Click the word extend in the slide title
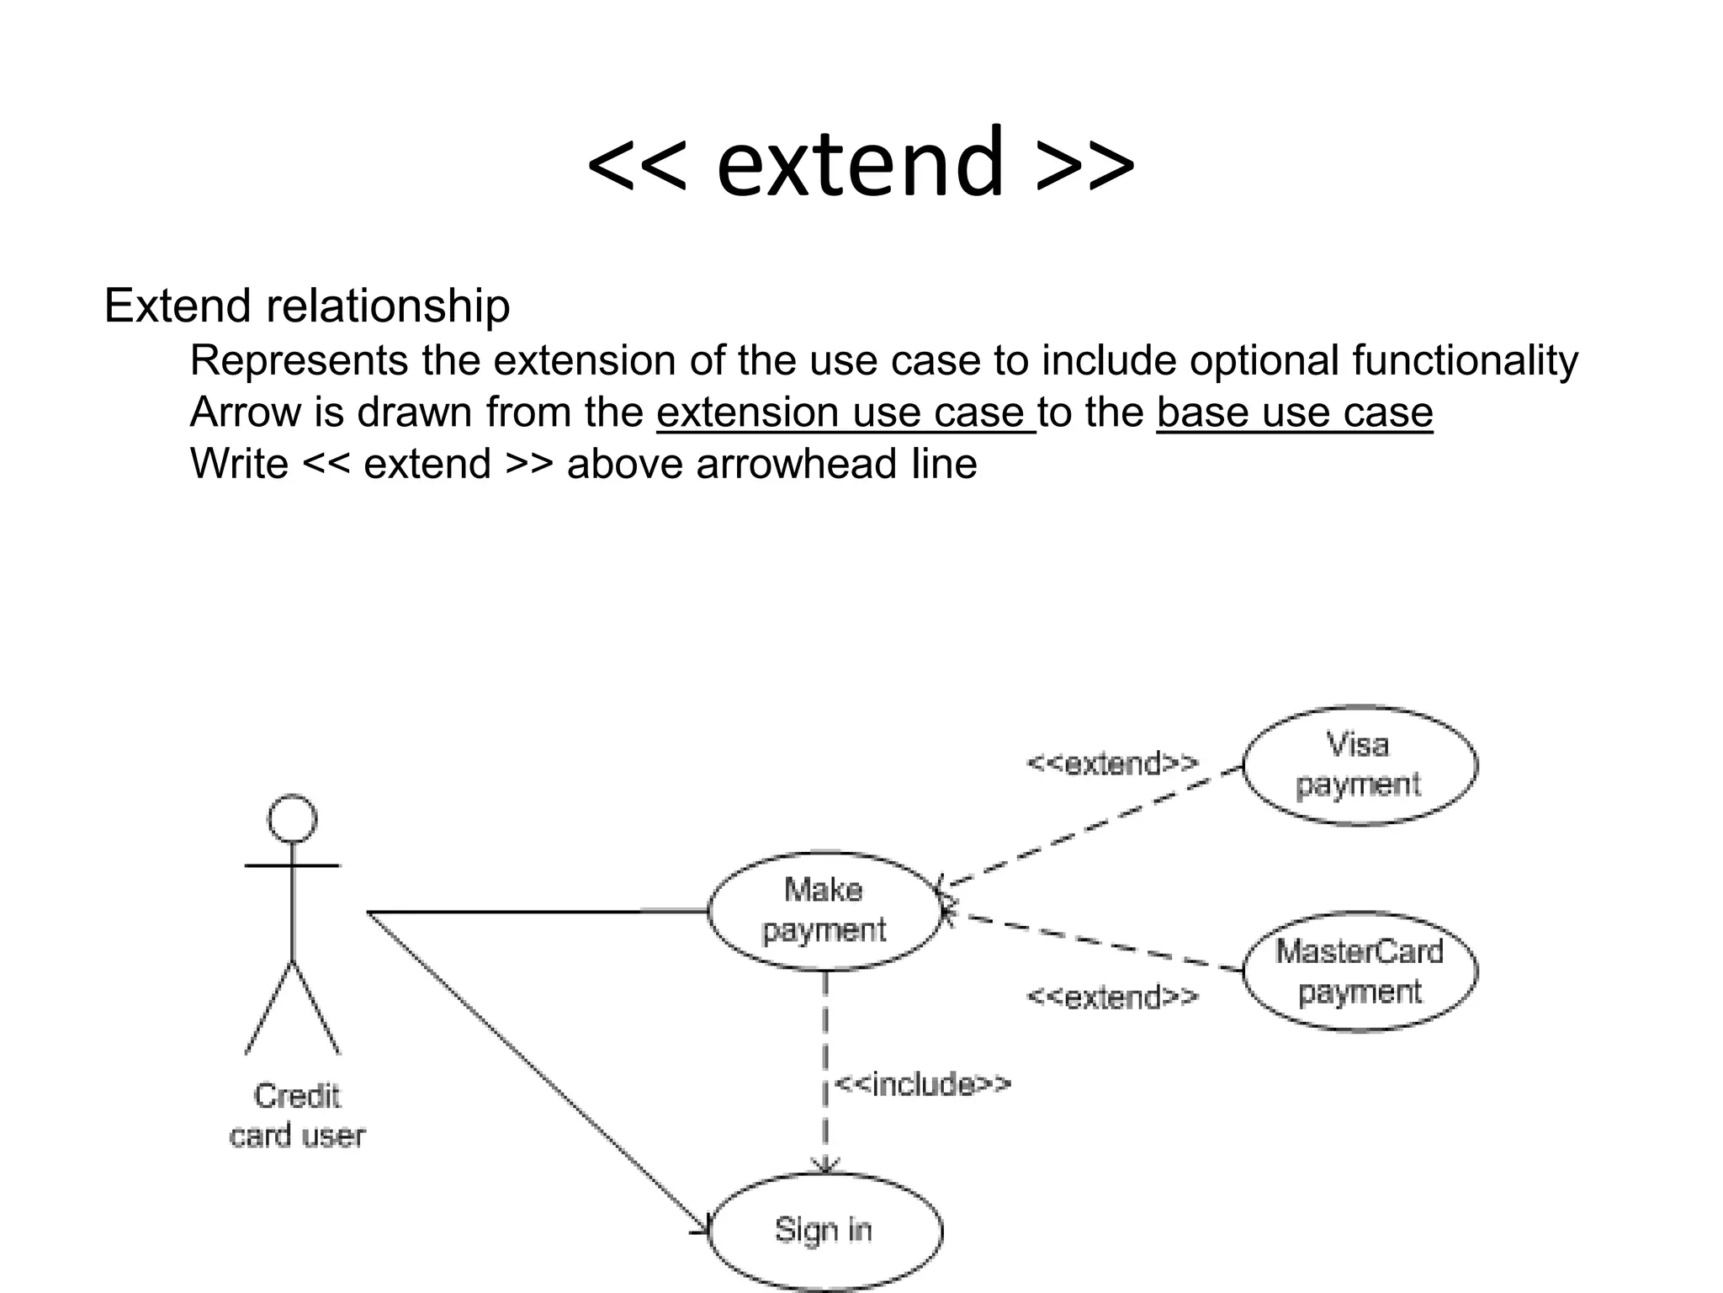pos(860,162)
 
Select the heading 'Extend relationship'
pos(306,306)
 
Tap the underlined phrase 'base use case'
pos(1294,412)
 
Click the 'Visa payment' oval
pos(1359,764)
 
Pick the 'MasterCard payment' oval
pos(1359,971)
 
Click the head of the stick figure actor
pos(292,818)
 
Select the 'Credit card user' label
pos(297,1115)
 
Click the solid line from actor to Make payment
pos(538,911)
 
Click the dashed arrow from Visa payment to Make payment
pos(1094,825)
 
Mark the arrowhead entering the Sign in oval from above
pos(825,1166)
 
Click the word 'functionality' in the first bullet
pos(1465,360)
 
